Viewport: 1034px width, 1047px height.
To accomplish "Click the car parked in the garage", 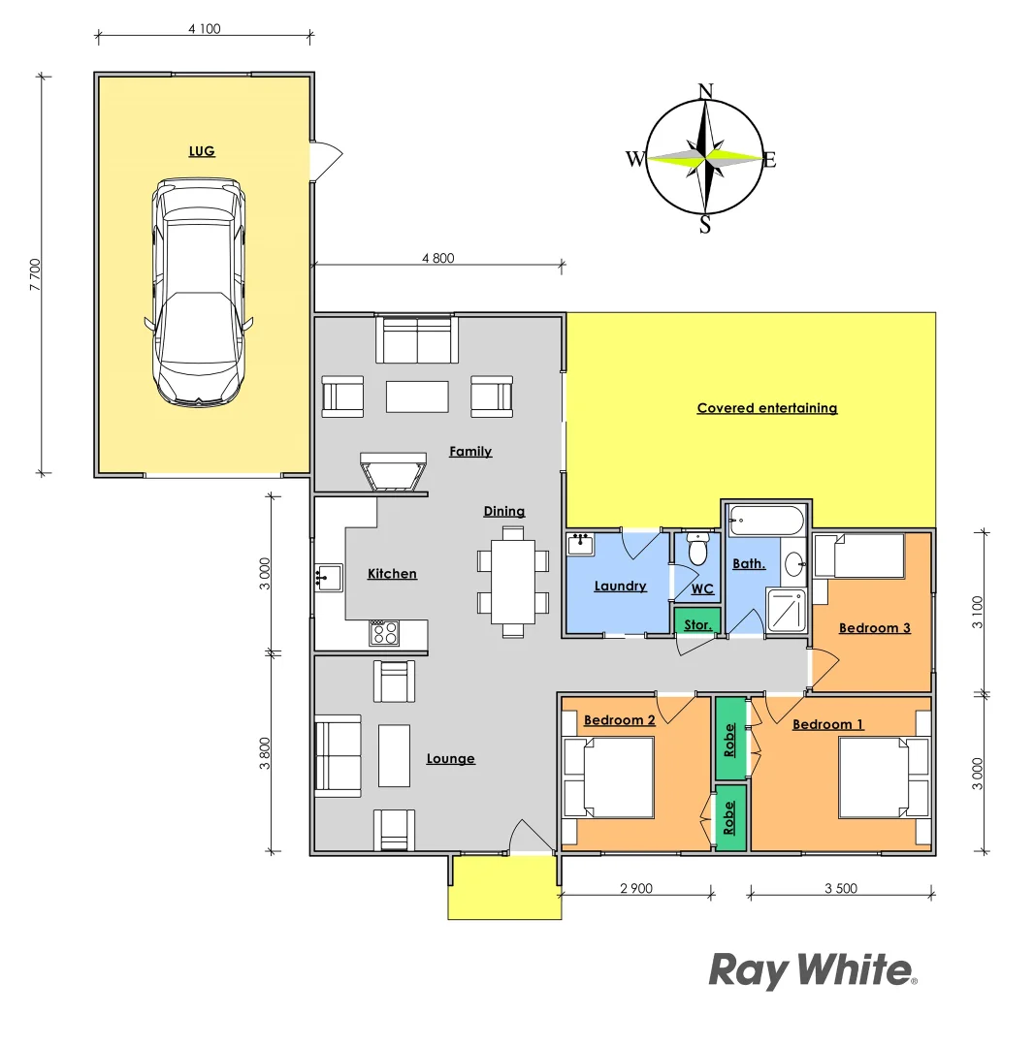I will [198, 291].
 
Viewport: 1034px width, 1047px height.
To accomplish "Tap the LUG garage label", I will [202, 151].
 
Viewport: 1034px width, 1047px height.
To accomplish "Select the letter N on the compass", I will [706, 92].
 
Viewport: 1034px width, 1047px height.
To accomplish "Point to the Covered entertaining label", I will [766, 408].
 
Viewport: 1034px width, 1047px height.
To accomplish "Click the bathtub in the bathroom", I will [766, 520].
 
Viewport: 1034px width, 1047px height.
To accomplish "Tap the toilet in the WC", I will [697, 550].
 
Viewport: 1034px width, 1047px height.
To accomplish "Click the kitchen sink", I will [328, 578].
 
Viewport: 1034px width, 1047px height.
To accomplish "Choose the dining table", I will [513, 582].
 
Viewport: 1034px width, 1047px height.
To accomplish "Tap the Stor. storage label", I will [697, 625].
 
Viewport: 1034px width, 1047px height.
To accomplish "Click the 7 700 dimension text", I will [36, 273].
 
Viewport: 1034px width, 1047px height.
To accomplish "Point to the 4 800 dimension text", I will [437, 258].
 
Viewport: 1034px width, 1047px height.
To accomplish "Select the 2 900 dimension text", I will [635, 888].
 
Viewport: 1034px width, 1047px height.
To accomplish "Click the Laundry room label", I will [620, 586].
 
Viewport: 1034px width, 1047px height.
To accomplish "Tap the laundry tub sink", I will [581, 544].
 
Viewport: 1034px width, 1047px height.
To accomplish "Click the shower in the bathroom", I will [787, 609].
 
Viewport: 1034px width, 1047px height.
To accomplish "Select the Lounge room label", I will [451, 758].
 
